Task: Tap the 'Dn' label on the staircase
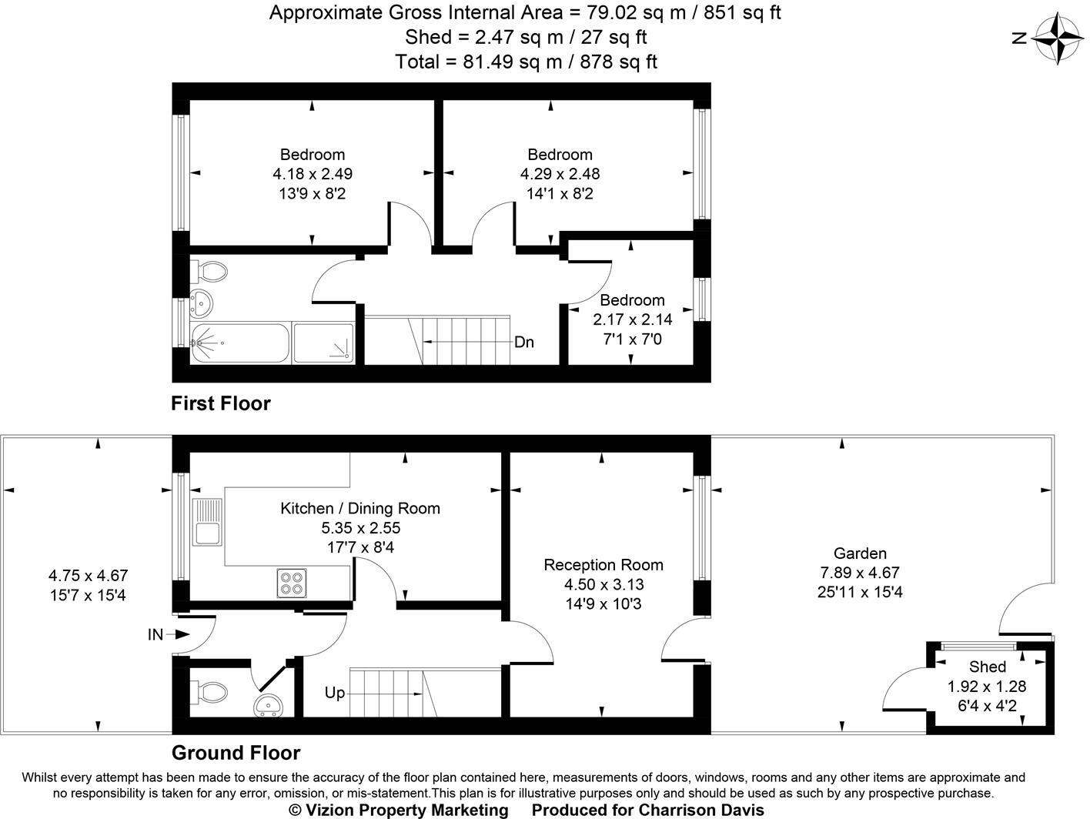[x=523, y=343]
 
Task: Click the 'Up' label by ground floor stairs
[x=335, y=693]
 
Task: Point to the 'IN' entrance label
[x=155, y=635]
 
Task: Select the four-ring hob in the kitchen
[x=292, y=583]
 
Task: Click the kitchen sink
[x=207, y=523]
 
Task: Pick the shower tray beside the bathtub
[x=323, y=343]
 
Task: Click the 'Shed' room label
[x=988, y=667]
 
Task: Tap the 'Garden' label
[x=860, y=553]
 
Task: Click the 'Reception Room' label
[x=603, y=565]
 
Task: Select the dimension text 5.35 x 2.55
[x=360, y=528]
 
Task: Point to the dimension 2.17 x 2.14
[x=632, y=319]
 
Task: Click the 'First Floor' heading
[x=221, y=403]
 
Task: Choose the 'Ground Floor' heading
[x=236, y=753]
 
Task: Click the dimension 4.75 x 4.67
[x=88, y=575]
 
